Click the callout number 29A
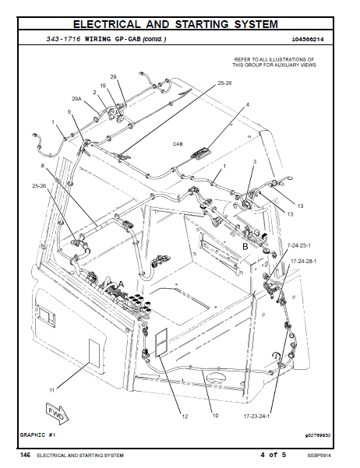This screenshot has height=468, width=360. [76, 100]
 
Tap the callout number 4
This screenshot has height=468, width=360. [247, 104]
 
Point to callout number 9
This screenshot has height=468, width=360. [69, 112]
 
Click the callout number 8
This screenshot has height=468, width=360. [43, 166]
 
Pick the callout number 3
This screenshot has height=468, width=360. [254, 161]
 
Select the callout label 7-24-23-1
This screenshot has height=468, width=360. [298, 245]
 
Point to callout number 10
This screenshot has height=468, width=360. [215, 416]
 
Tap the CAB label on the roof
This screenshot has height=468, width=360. [178, 144]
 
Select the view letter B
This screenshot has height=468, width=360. [244, 246]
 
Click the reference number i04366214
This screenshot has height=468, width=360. [310, 38]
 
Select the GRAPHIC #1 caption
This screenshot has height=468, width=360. [37, 434]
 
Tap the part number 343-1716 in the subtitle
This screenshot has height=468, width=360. [64, 38]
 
